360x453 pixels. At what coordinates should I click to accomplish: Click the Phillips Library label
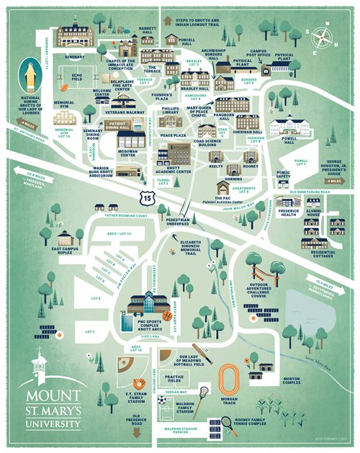pos(170,112)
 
